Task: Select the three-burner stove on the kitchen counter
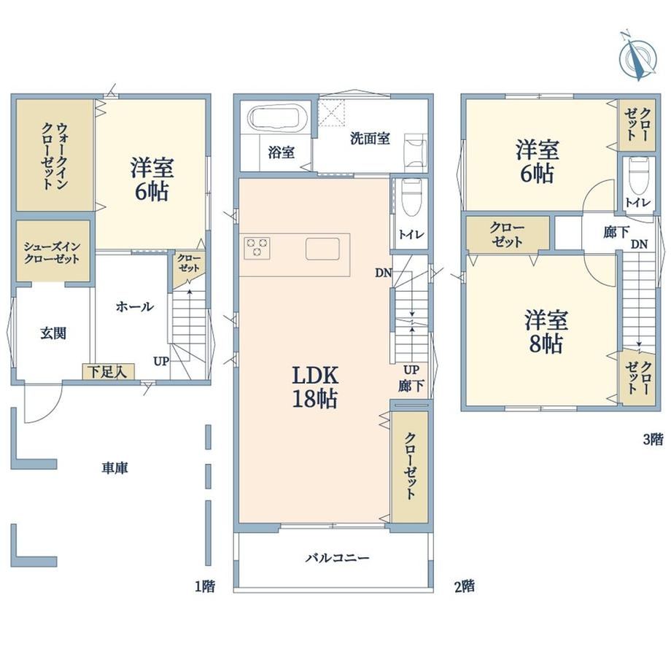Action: pyautogui.click(x=257, y=248)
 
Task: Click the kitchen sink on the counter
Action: pyautogui.click(x=322, y=249)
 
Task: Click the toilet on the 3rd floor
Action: pyautogui.click(x=639, y=176)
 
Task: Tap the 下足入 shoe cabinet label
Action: pyautogui.click(x=108, y=371)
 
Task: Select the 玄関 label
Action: pyautogui.click(x=53, y=333)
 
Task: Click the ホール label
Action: pyautogui.click(x=134, y=306)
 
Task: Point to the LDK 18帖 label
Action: pyautogui.click(x=315, y=387)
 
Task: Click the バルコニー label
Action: pyautogui.click(x=337, y=558)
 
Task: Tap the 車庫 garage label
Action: pyautogui.click(x=115, y=468)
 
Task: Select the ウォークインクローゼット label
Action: pyautogui.click(x=54, y=156)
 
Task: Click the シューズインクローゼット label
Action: pyautogui.click(x=52, y=253)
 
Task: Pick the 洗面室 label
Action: pyautogui.click(x=370, y=139)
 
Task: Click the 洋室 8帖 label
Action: pyautogui.click(x=546, y=332)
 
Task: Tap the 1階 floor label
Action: pyautogui.click(x=205, y=586)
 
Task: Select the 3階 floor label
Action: pyautogui.click(x=653, y=439)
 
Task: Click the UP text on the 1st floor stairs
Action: pyautogui.click(x=161, y=362)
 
